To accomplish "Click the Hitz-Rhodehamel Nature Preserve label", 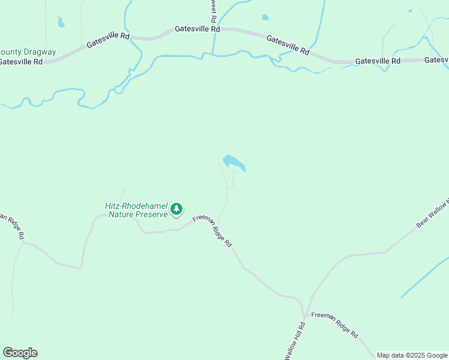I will point(136,210).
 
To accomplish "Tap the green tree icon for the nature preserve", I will point(176,209).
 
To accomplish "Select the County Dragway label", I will point(28,52).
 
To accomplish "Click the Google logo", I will point(20,353).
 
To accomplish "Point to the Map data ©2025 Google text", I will point(412,355).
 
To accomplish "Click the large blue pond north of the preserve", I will point(233,163).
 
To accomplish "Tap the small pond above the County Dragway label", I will point(61,23).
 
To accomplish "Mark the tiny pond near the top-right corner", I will point(410,11).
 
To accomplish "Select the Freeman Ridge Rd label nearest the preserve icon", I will point(212,231).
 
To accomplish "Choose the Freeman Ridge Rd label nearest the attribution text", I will point(334,325).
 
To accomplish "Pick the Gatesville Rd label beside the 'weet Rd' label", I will point(197,29).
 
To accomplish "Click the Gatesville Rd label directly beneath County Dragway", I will point(21,61).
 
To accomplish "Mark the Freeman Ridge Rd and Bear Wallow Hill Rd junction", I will point(305,314).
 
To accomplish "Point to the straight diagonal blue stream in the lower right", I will point(424,277).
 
